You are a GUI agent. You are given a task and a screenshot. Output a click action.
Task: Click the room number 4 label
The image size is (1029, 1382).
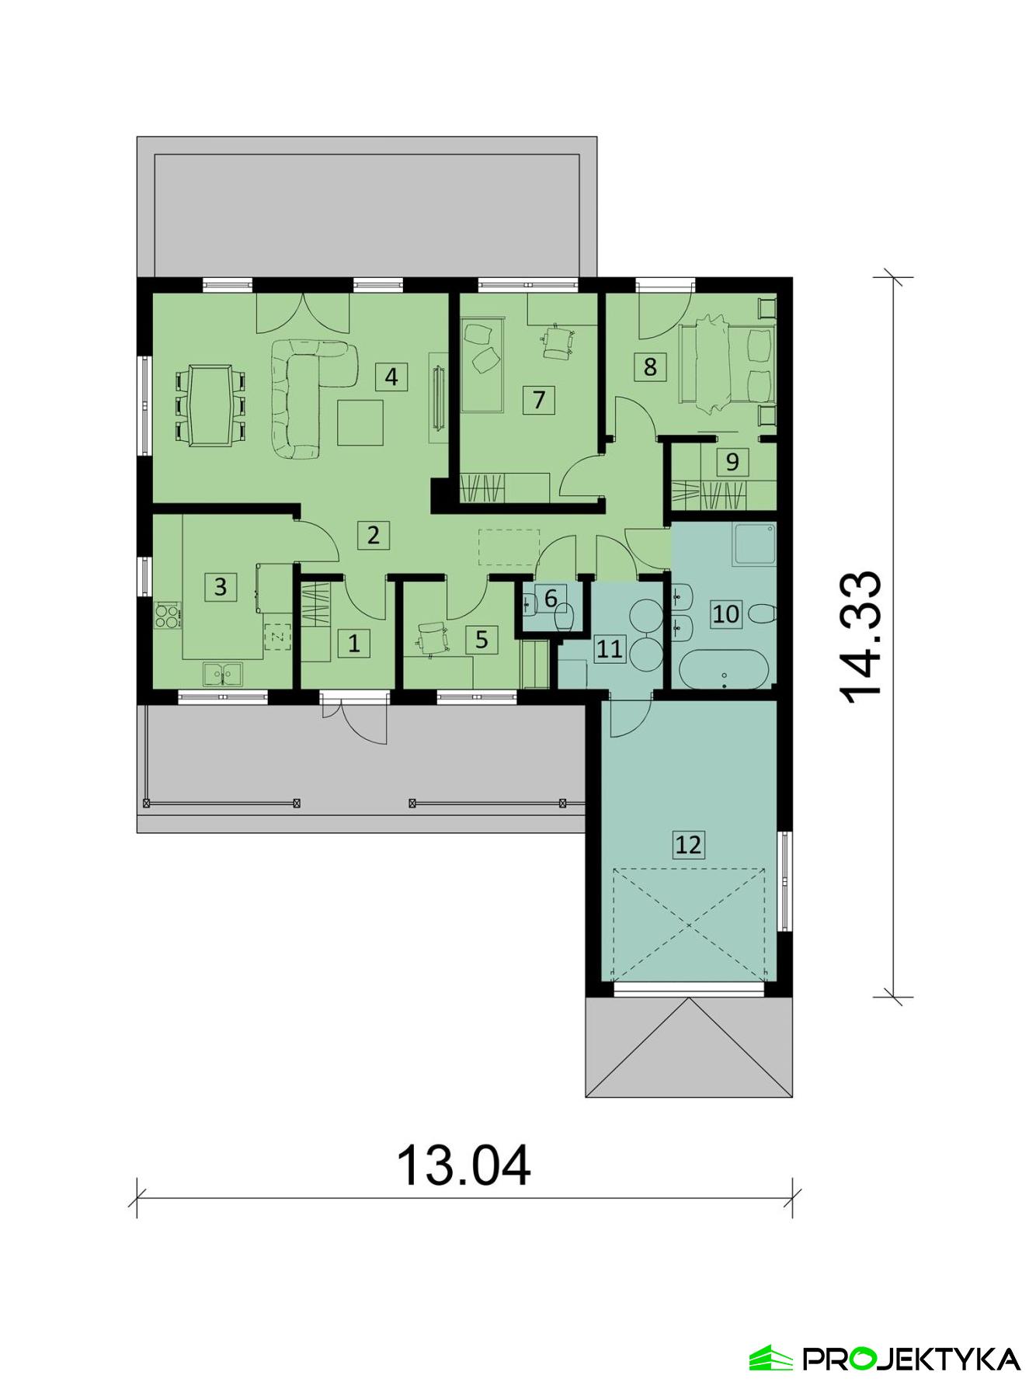tap(391, 377)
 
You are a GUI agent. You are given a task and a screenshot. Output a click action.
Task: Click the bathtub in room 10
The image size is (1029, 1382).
tap(725, 668)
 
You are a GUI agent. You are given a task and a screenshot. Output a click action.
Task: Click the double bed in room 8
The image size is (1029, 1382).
tap(725, 364)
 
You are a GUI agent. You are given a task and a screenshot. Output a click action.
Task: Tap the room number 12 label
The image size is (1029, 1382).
tap(688, 844)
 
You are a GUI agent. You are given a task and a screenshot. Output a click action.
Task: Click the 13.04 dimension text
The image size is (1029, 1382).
tap(464, 1165)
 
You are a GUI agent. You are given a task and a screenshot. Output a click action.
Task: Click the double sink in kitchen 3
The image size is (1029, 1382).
tap(222, 674)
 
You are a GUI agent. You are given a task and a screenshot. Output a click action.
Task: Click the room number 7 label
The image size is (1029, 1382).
tap(539, 400)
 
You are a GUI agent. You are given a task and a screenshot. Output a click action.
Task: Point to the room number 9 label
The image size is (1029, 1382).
tap(732, 462)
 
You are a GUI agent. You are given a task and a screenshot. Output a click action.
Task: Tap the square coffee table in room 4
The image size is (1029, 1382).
tap(360, 422)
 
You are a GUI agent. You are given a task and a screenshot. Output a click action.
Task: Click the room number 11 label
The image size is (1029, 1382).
tap(610, 648)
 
